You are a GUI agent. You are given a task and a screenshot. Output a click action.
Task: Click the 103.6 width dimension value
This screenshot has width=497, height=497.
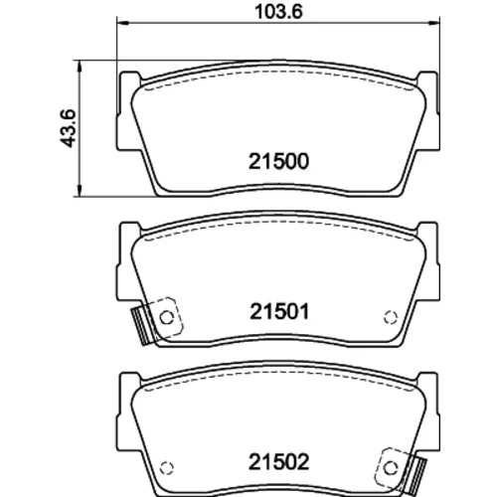tap(278, 12)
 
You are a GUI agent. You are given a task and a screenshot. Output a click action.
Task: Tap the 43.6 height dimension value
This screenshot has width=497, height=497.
tap(68, 128)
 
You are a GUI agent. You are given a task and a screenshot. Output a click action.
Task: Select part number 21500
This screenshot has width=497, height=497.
tap(278, 161)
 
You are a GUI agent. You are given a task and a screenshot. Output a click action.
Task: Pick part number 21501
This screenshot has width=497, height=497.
tap(279, 311)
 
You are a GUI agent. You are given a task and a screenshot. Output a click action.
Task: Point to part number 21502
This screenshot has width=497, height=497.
tap(278, 462)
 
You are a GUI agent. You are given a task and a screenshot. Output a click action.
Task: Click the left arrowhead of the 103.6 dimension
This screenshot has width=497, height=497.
tap(122, 23)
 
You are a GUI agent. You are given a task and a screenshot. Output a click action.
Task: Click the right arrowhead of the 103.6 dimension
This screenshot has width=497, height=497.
tap(433, 23)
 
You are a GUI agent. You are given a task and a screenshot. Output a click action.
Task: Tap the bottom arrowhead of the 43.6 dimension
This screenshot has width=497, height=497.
tap(79, 191)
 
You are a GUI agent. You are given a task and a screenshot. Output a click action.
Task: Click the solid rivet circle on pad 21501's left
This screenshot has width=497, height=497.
tap(167, 318)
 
